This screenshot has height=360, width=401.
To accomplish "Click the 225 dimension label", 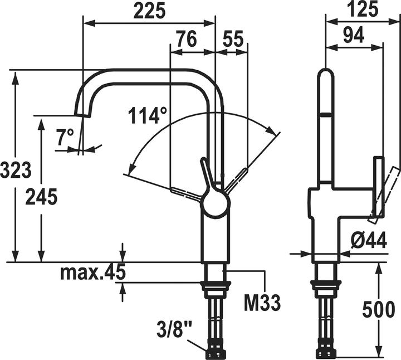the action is click(x=150, y=11).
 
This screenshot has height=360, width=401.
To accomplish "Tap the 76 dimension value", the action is click(x=187, y=39).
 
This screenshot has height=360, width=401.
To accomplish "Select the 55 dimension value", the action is click(x=233, y=39).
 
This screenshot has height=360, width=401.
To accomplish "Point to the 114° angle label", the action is click(x=148, y=116).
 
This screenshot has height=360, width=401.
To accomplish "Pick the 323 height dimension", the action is click(x=16, y=170).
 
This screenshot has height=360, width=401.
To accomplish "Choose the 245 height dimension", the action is click(x=41, y=197).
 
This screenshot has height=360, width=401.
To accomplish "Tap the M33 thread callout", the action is click(x=262, y=303).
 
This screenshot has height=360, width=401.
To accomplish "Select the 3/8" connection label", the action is click(x=175, y=330).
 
